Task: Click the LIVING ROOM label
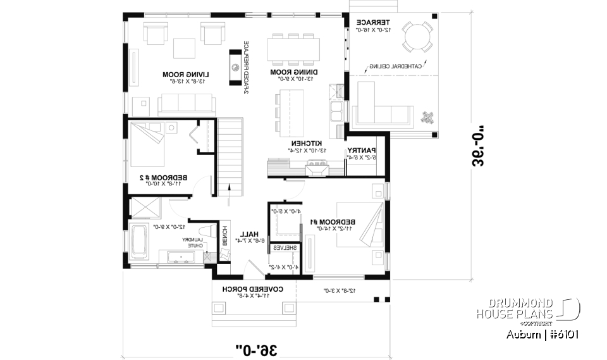[164, 73]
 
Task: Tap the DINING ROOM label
[293, 73]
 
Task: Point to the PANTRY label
[362, 150]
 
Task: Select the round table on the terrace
[417, 37]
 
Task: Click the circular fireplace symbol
[235, 66]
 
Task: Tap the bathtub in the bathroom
[140, 240]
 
